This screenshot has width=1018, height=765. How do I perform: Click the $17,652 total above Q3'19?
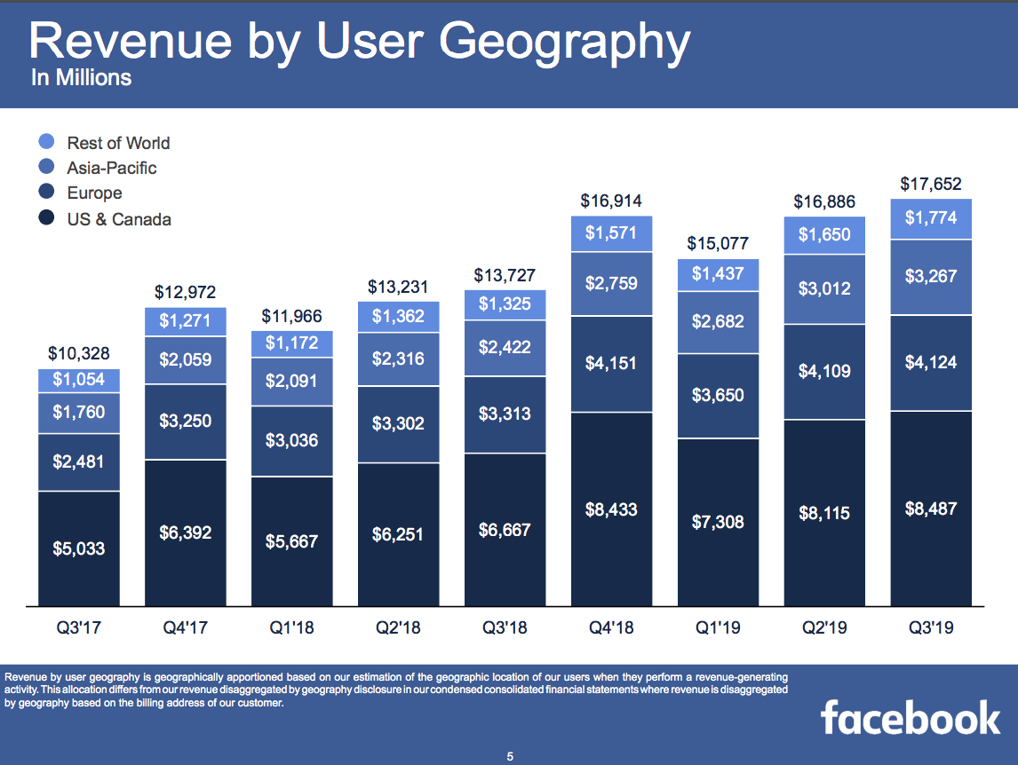[x=931, y=184]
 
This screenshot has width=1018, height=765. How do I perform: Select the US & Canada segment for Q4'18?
[x=611, y=510]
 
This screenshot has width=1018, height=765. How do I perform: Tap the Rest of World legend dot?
[x=48, y=142]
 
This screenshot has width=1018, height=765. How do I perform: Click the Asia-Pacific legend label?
[x=111, y=168]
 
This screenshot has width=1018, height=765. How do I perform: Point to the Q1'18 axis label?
[x=291, y=628]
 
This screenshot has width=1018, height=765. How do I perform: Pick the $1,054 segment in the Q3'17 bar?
[x=78, y=380]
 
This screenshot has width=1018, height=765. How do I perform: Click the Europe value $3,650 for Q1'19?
[x=718, y=395]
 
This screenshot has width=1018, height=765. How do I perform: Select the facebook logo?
[x=910, y=717]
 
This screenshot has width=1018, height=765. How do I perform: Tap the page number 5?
[x=510, y=756]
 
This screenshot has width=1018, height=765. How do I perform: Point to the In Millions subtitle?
[x=81, y=78]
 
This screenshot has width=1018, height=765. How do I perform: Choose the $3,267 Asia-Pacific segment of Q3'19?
[x=931, y=276]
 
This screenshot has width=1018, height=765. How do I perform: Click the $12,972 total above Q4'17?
[x=185, y=292]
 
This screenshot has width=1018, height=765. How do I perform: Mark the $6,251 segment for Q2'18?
[x=398, y=534]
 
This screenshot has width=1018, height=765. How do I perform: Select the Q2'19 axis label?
[x=824, y=628]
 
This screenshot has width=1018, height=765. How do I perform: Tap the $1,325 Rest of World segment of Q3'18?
[x=505, y=304]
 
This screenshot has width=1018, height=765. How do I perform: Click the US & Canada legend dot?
[x=48, y=218]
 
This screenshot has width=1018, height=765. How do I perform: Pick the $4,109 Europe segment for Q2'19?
[x=824, y=371]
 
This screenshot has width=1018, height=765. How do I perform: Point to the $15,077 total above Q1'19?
[x=718, y=243]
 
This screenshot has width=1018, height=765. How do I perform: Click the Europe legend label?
[x=94, y=193]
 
